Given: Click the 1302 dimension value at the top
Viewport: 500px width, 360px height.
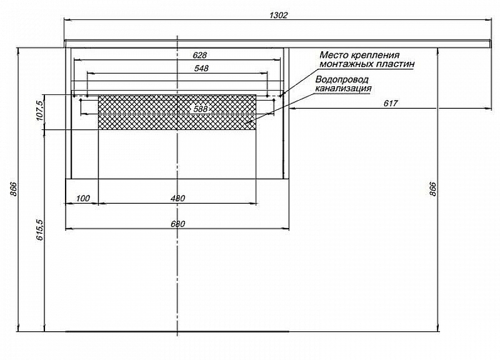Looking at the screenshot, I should coord(278,15).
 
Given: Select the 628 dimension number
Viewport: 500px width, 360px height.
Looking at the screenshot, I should coord(199,55).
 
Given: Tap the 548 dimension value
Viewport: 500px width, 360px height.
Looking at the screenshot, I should coord(201,68).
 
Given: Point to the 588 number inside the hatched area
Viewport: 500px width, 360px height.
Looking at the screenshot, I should coord(201,109).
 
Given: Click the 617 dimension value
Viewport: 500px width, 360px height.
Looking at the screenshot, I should coord(390,103).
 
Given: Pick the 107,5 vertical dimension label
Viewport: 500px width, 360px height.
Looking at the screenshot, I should coord(39,111).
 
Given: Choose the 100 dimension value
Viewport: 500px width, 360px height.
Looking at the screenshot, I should coord(82,199).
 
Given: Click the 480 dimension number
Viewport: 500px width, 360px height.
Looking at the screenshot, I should coord(178,199).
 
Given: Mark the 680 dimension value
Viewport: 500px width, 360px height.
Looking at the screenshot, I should coord(178,224).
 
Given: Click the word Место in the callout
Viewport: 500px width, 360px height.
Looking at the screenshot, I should coord(335,55).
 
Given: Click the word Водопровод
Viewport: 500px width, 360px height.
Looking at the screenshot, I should coord(342,79).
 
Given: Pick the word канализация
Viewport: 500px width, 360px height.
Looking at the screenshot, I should coord(344,88).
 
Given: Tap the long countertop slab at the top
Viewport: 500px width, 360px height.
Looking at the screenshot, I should coord(278,42).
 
